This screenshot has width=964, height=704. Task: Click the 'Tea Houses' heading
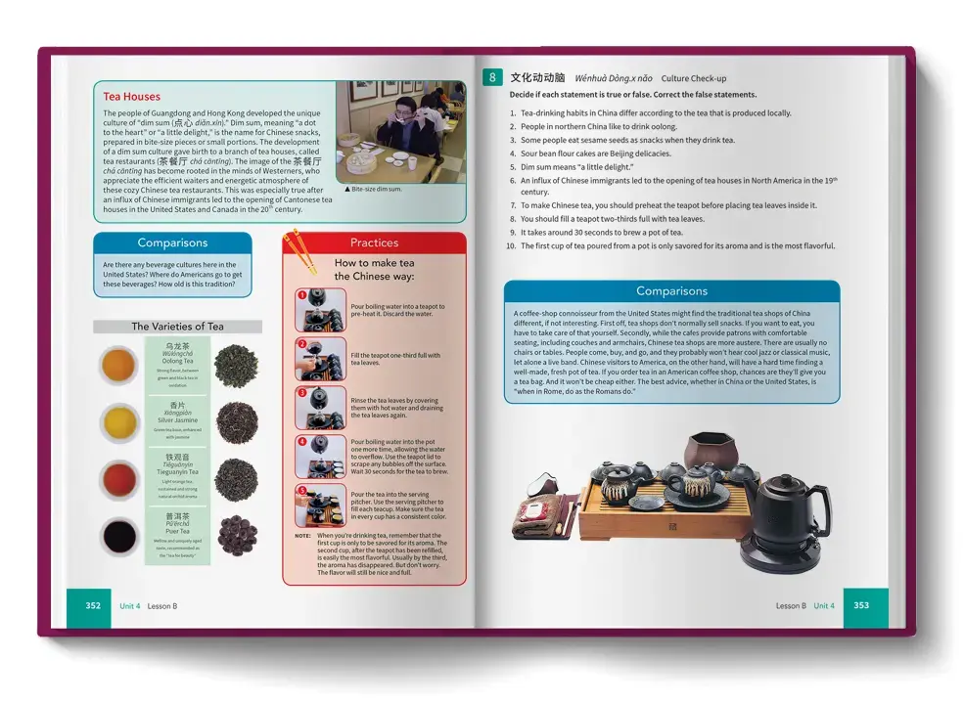pyautogui.click(x=131, y=97)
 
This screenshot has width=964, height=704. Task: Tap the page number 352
pyautogui.click(x=93, y=606)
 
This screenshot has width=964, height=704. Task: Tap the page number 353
pyautogui.click(x=861, y=606)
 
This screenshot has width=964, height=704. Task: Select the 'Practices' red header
pyautogui.click(x=374, y=242)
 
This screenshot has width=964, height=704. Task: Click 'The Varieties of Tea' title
pyautogui.click(x=177, y=327)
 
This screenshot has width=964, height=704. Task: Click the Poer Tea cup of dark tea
pyautogui.click(x=118, y=536)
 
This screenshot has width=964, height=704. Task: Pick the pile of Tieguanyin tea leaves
pyautogui.click(x=236, y=479)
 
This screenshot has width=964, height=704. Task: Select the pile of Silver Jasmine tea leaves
pyautogui.click(x=236, y=422)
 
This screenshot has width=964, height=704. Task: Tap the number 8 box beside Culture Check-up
pyautogui.click(x=493, y=77)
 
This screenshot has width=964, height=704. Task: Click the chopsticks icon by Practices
pyautogui.click(x=301, y=250)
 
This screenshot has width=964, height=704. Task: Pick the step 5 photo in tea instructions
pyautogui.click(x=321, y=506)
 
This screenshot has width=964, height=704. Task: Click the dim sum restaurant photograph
pyautogui.click(x=398, y=132)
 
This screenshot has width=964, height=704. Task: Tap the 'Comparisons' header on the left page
pyautogui.click(x=172, y=242)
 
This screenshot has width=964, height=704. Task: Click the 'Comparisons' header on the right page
pyautogui.click(x=671, y=291)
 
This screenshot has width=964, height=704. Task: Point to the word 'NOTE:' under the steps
pyautogui.click(x=303, y=536)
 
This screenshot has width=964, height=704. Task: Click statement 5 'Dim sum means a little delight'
pyautogui.click(x=575, y=167)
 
